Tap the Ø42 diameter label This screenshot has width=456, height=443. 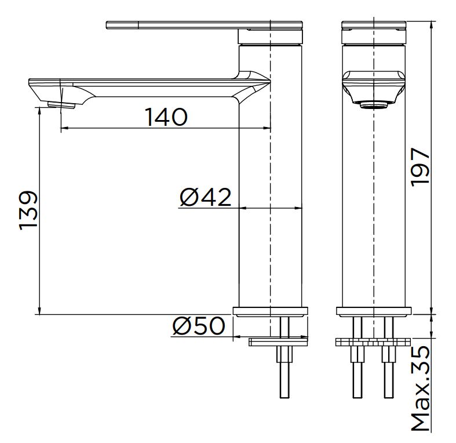(205, 197)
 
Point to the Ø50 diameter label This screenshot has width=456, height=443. (198, 326)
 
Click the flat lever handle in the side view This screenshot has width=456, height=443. (174, 25)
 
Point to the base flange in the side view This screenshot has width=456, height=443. (271, 311)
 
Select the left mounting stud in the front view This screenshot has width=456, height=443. (358, 371)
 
